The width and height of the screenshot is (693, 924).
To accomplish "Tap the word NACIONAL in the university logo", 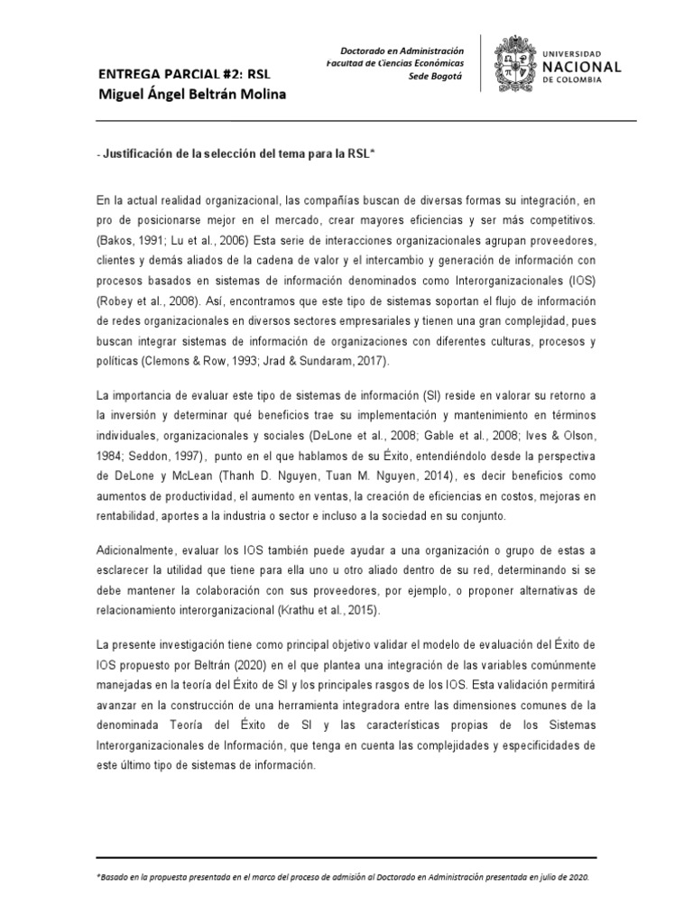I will click(x=583, y=67).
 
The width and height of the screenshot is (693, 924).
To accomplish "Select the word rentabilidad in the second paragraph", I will click(x=127, y=515).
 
